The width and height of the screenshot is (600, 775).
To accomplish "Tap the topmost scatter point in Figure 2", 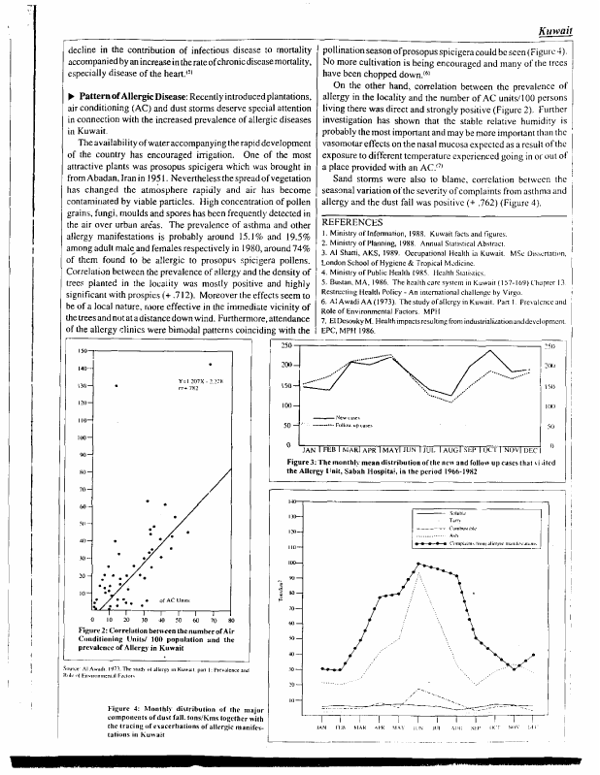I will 209,364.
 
